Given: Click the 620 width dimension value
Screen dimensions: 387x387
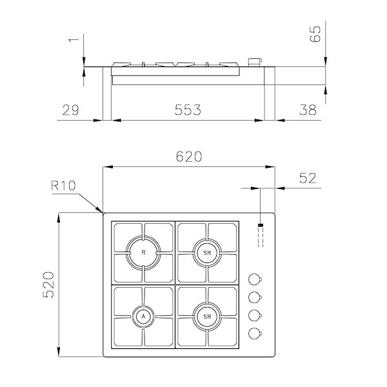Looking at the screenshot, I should click(188, 157).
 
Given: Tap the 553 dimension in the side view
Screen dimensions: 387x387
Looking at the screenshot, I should click(187, 110).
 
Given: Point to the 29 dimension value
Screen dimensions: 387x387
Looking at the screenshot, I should click(71, 110).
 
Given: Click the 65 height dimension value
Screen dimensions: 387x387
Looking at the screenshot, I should click(315, 34).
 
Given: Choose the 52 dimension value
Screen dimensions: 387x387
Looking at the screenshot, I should click(309, 179).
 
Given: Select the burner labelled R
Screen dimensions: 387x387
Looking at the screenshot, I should click(143, 252).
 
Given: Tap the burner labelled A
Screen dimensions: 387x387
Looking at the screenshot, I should click(143, 315).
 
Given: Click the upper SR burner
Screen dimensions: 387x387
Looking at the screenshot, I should click(207, 252).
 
